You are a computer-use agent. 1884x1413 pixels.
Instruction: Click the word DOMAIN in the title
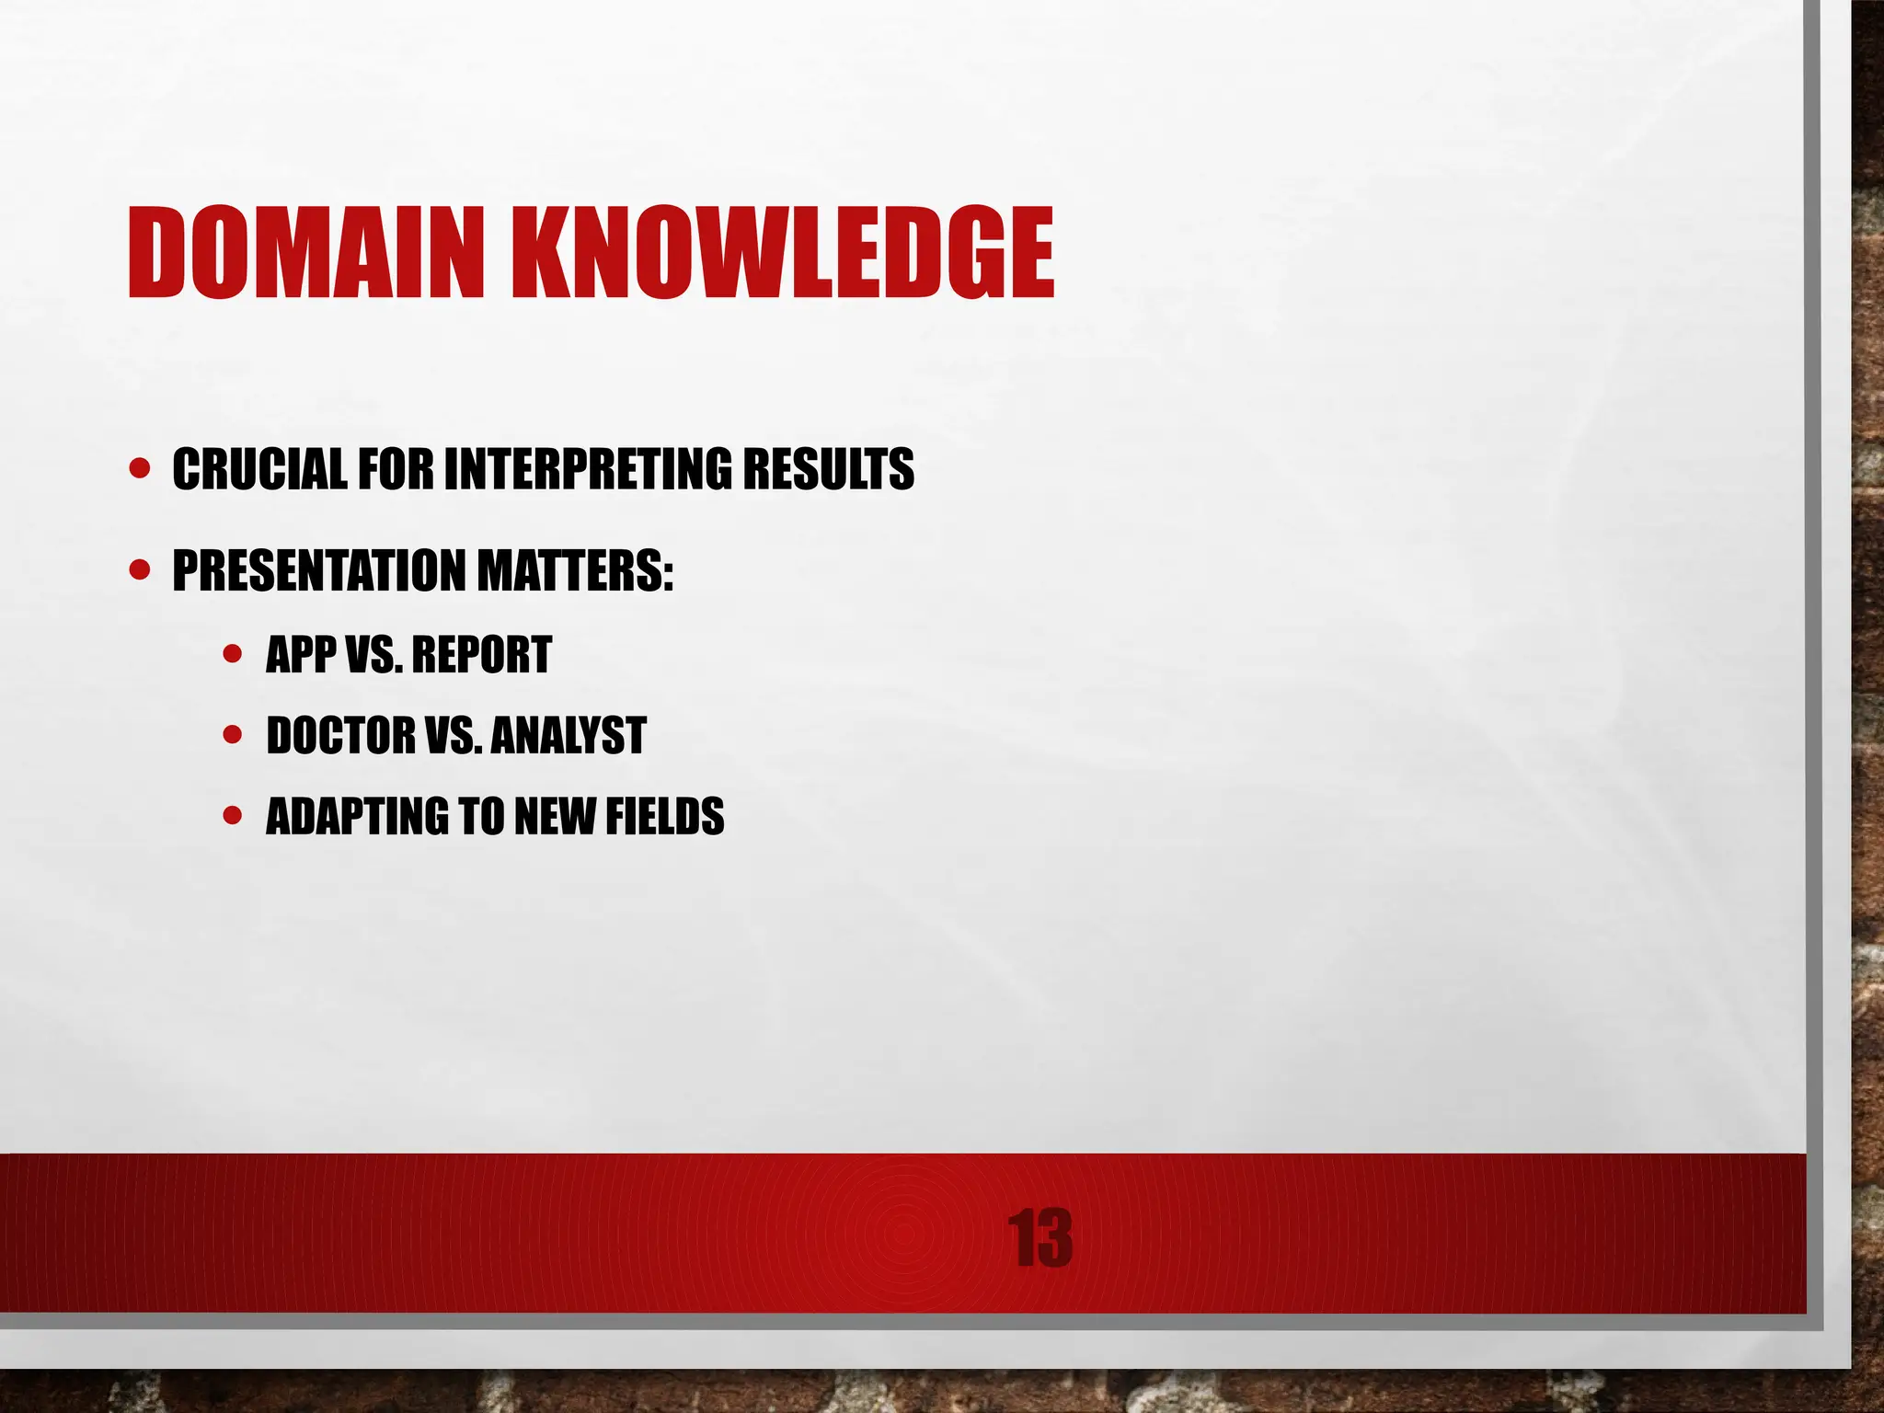pyautogui.click(x=304, y=253)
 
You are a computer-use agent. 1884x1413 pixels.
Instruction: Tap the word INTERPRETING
pyautogui.click(x=588, y=469)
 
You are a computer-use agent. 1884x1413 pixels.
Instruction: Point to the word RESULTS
pyautogui.click(x=828, y=469)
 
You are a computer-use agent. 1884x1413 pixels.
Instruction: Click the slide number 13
pyautogui.click(x=1040, y=1239)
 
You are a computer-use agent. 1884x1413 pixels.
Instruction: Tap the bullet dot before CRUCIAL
pyautogui.click(x=140, y=469)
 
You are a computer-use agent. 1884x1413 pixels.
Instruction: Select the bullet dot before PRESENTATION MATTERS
pyautogui.click(x=140, y=570)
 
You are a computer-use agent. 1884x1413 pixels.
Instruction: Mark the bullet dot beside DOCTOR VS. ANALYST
pyautogui.click(x=233, y=735)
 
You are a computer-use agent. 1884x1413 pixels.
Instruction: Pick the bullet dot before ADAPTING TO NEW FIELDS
pyautogui.click(x=233, y=816)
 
